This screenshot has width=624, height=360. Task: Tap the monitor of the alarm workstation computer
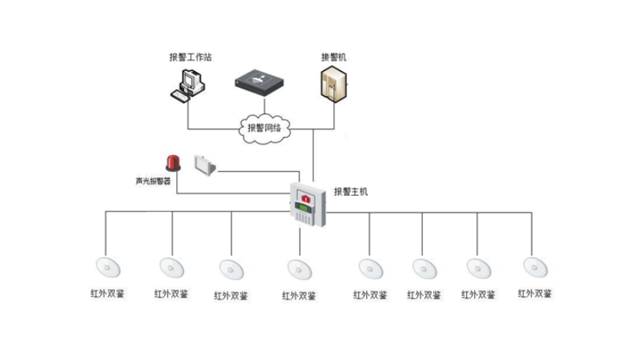click(x=192, y=78)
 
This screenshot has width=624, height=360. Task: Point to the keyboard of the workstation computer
click(x=180, y=95)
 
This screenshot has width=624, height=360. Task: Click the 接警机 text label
click(x=334, y=57)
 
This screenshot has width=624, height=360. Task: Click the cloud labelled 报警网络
click(x=264, y=127)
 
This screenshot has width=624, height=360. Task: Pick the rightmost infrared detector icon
click(x=534, y=266)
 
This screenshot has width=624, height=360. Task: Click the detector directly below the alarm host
click(x=299, y=268)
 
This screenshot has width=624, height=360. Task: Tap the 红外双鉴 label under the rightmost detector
click(x=534, y=293)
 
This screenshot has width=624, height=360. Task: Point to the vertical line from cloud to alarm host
click(x=312, y=159)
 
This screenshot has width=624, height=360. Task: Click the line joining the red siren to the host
click(x=227, y=194)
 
